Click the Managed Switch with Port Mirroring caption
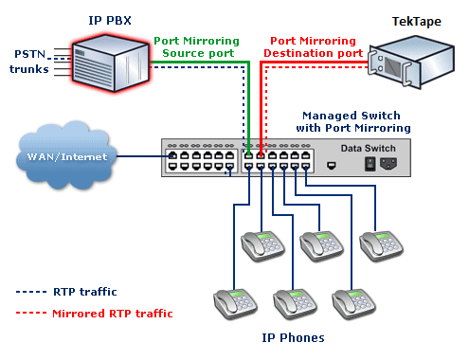pos(355,120)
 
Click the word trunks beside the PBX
pos(28,69)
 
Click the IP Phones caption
pos(293,337)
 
